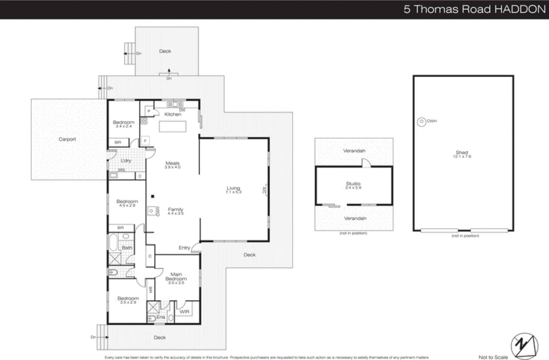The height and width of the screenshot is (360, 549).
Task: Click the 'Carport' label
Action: coord(67,139)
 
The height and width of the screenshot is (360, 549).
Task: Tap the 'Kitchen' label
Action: coord(173,114)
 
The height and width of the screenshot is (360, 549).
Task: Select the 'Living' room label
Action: coord(233,188)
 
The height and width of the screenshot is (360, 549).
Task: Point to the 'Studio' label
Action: coord(353,184)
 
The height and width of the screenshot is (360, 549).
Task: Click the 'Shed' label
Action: coord(462,153)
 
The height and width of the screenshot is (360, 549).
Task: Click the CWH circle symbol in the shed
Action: coord(421,121)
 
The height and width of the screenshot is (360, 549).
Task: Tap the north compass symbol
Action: coord(524,346)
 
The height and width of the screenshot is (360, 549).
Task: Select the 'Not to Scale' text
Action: coord(493,357)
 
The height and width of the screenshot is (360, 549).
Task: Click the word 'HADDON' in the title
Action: coord(520,9)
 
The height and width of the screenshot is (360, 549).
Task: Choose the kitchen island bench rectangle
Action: coord(173,127)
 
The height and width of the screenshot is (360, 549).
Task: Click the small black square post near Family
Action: coord(153,196)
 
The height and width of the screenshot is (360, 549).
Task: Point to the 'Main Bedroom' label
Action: coord(176,276)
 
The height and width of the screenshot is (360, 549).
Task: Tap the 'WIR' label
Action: coord(184,312)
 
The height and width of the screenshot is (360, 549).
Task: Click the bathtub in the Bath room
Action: coord(113,242)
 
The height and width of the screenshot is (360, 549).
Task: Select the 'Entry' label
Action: coord(184,248)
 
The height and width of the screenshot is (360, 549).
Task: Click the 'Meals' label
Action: coord(172,163)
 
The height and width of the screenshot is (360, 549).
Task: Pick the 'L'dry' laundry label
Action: coord(126,160)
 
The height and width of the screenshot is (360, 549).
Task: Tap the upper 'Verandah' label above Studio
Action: coord(354,151)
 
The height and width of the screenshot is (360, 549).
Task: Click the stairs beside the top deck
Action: coord(129,53)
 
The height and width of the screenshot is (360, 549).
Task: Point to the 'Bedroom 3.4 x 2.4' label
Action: coord(124,124)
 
